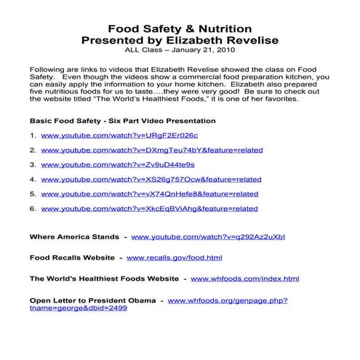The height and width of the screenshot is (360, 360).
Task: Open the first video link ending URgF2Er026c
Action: pos(109,136)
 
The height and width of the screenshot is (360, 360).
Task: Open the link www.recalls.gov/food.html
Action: pos(174,257)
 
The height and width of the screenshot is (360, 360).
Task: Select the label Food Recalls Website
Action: pos(72,257)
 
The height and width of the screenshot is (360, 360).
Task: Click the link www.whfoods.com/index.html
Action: pos(244,279)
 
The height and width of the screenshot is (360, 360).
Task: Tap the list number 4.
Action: pos(33,180)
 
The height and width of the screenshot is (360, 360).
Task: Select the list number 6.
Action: pos(33,209)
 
